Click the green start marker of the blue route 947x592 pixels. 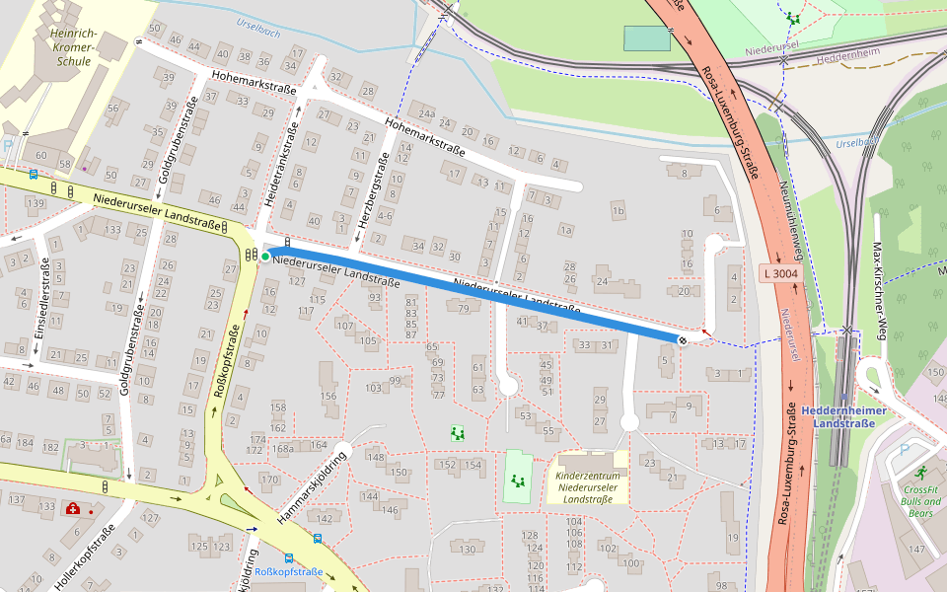point(265,257)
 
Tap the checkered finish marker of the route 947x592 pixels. point(683,339)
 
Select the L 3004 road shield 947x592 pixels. point(778,271)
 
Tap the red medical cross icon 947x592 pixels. point(73,509)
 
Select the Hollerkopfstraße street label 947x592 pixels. point(84,559)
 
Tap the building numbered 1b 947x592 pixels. point(618,210)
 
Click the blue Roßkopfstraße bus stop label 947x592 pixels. point(289,572)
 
